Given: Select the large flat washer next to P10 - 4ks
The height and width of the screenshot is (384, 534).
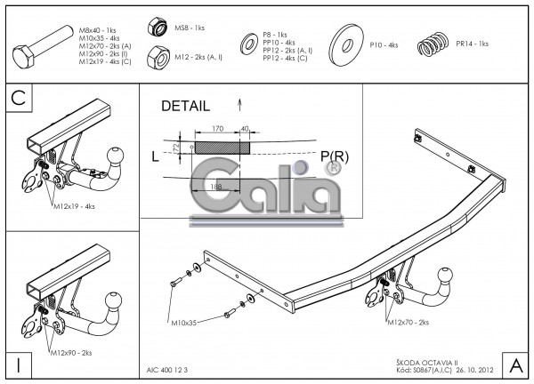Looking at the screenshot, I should pyautogui.click(x=346, y=44).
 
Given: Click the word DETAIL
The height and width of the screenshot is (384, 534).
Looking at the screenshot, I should pyautogui.click(x=185, y=106).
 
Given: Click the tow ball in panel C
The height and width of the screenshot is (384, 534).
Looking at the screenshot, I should pyautogui.click(x=117, y=157).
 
